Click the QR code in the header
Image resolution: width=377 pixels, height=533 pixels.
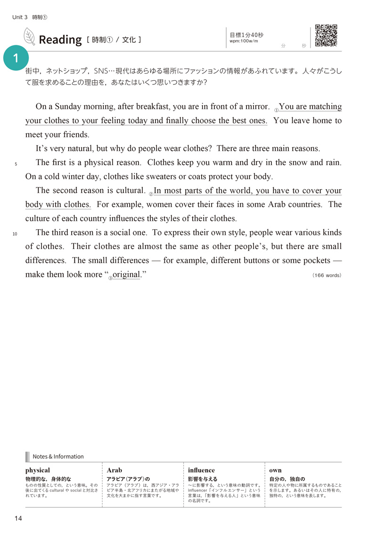tap(326, 35)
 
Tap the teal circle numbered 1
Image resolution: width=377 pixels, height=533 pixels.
tap(16, 58)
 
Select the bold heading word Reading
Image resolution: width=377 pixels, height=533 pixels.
tap(60, 40)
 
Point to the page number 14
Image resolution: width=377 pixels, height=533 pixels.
tap(18, 518)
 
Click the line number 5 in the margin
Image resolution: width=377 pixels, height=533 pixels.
tap(16, 164)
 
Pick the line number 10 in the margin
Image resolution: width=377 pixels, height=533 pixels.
tap(15, 234)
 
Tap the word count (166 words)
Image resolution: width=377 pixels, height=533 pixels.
tap(327, 275)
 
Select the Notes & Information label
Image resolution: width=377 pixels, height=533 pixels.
tap(58, 456)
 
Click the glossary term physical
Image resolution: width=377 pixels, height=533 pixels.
tap(38, 470)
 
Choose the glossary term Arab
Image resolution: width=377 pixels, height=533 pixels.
tap(115, 470)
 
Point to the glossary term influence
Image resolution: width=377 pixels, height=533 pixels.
tap(201, 470)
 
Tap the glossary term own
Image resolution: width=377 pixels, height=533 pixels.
tap(275, 470)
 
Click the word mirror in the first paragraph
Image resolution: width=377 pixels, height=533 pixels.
tap(254, 107)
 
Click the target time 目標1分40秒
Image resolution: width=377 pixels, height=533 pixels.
tap(246, 34)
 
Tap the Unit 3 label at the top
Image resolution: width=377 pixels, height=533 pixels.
tap(21, 17)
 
